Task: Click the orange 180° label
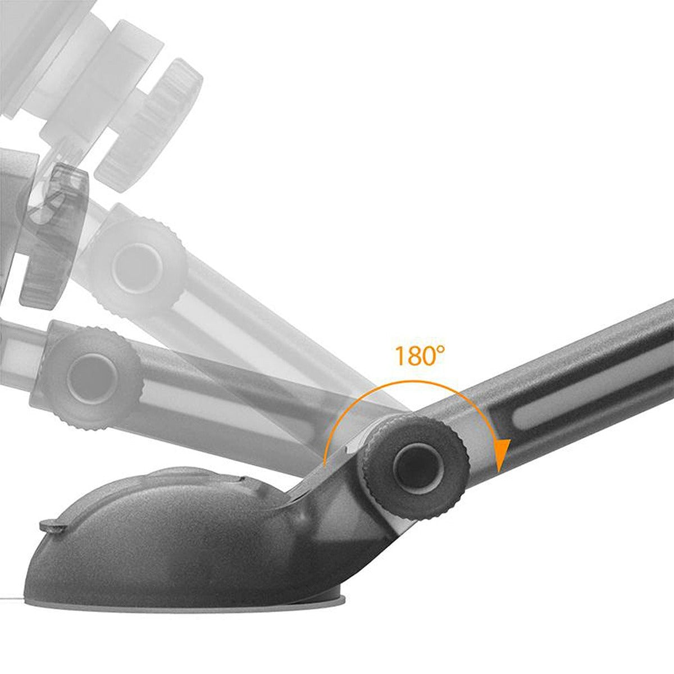pos(419,356)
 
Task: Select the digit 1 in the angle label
pos(400,357)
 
